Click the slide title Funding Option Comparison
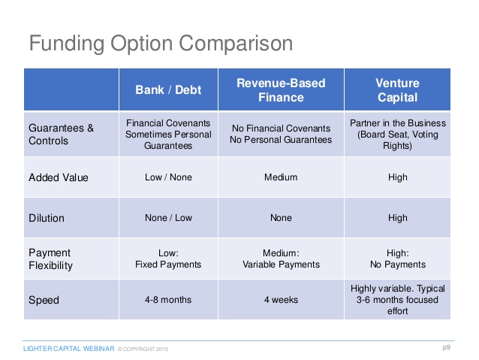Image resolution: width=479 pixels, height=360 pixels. tap(161, 44)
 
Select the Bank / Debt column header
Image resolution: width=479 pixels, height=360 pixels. tap(168, 90)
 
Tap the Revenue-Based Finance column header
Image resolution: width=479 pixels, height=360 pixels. tap(281, 90)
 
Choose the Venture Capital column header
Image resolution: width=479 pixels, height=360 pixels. tap(397, 90)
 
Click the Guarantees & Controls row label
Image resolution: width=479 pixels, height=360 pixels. tap(61, 135)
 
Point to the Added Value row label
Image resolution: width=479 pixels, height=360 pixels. tap(59, 177)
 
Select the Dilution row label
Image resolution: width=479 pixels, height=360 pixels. tap(47, 218)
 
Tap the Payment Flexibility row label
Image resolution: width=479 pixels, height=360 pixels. tap(51, 259)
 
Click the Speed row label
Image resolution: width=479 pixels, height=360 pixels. tap(44, 300)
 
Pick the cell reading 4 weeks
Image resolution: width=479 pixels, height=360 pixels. tap(281, 300)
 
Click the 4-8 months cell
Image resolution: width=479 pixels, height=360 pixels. tap(168, 300)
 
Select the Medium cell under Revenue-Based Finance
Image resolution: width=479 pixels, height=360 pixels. tap(281, 177)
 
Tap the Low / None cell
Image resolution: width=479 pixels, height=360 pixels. tap(168, 177)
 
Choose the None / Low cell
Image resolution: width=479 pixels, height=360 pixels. tap(168, 218)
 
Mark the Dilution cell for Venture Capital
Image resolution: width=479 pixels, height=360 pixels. tap(398, 218)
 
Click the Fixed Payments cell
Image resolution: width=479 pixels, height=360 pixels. tap(168, 259)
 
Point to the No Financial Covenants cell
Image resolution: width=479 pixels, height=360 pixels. tap(281, 134)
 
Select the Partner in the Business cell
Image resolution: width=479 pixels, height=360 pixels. tap(398, 135)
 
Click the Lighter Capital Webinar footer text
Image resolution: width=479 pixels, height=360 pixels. tap(69, 349)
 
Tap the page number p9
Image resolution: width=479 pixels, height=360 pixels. tap(446, 347)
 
